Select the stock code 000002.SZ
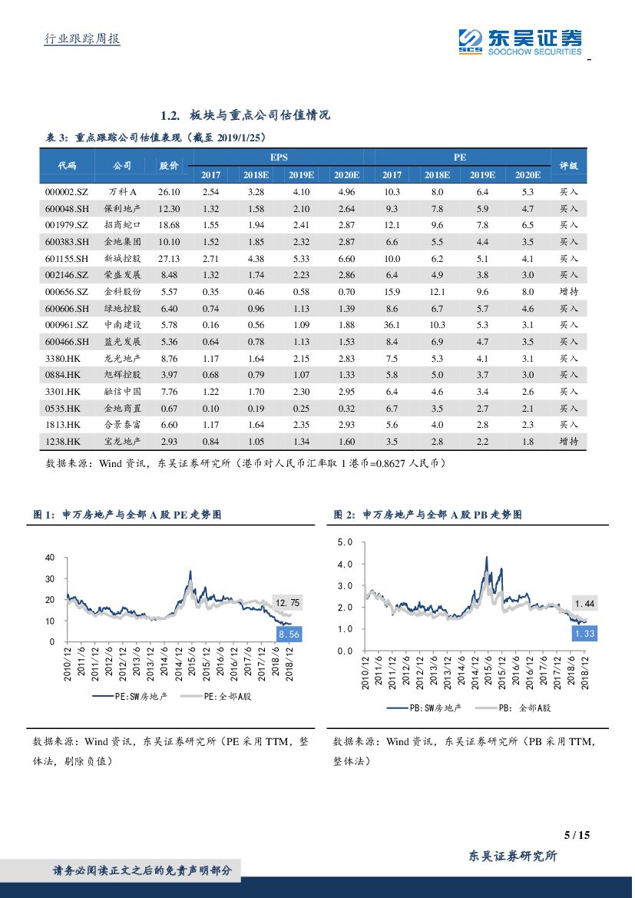click(68, 192)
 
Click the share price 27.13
click(169, 259)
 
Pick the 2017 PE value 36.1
click(392, 326)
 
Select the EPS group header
click(279, 157)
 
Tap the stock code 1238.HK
click(63, 442)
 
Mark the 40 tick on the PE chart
click(51, 557)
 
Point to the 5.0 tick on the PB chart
click(345, 542)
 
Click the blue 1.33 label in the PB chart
click(584, 634)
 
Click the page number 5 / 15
click(577, 835)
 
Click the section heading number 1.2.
click(170, 116)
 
